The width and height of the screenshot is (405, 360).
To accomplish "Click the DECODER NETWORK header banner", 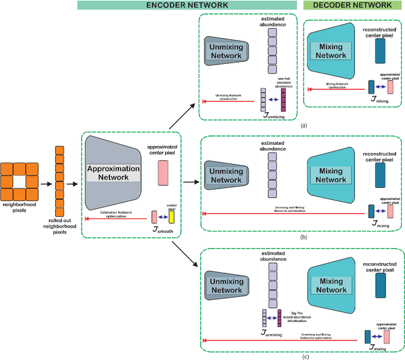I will (x=348, y=5).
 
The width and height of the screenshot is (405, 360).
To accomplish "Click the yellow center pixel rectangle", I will (x=171, y=217).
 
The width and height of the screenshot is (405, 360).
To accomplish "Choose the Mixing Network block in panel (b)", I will (x=331, y=175).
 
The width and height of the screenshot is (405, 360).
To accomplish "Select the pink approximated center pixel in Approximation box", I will (x=163, y=171).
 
